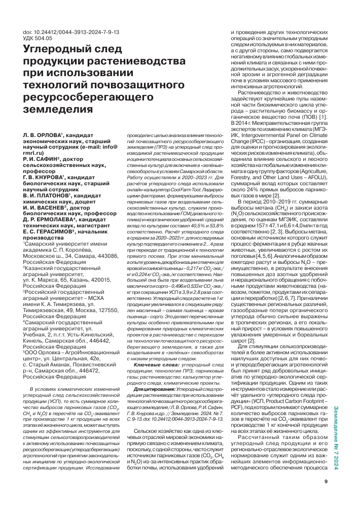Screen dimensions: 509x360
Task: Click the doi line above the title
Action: pyautogui.click(x=71, y=32)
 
